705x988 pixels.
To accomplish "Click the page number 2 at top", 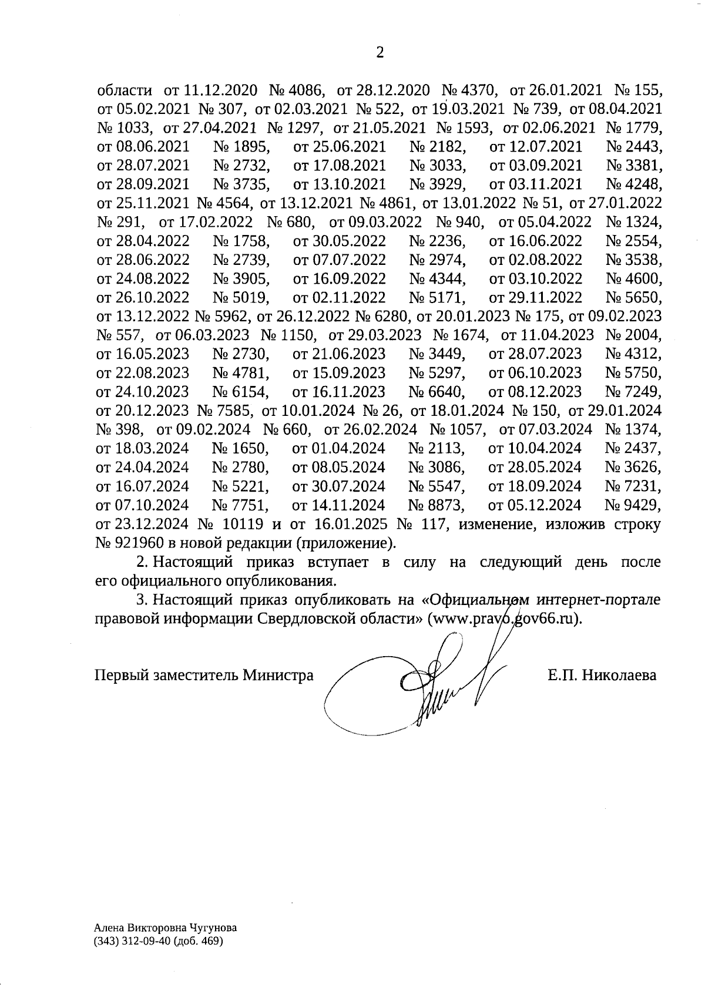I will tap(380, 53).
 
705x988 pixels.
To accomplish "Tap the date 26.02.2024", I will tap(382, 429).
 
